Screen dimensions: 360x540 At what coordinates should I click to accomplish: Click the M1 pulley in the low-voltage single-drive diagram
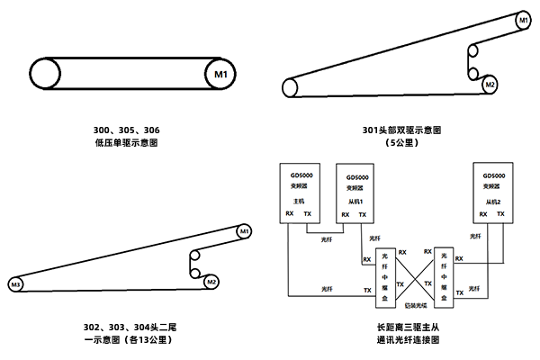point(221,71)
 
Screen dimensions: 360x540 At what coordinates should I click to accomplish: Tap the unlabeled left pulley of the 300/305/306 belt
point(46,71)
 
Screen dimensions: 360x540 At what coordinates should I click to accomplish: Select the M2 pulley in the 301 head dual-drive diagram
point(489,85)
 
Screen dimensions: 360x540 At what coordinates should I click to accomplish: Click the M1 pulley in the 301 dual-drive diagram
point(523,20)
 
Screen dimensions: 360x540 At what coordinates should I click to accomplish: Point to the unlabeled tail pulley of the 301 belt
point(291,86)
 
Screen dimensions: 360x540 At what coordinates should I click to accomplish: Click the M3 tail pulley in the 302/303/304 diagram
point(16,285)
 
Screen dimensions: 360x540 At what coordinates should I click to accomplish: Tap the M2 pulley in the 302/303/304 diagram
point(211,281)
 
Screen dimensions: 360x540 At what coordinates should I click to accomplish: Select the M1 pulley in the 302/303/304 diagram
point(243,233)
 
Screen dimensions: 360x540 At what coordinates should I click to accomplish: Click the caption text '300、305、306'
point(132,130)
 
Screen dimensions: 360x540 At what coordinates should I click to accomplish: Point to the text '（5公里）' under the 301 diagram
point(401,142)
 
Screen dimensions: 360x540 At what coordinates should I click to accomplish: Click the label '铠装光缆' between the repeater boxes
point(413,307)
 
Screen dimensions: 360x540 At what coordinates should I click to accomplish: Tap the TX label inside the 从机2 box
point(502,214)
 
